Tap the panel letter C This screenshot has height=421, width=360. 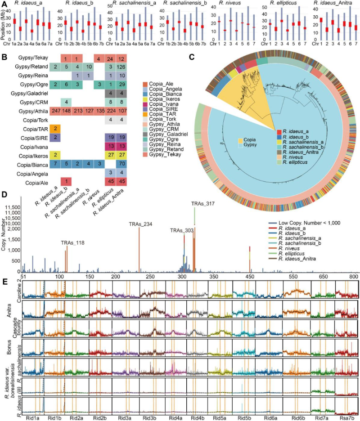tap(192, 58)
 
